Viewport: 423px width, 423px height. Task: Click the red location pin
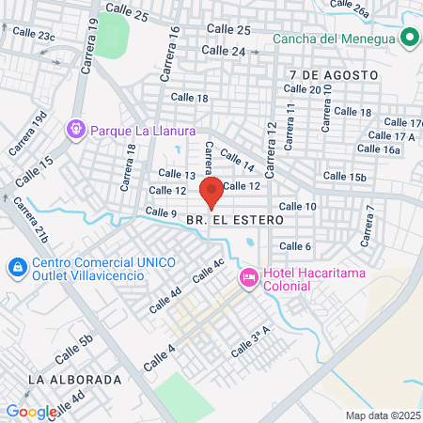coord(211,190)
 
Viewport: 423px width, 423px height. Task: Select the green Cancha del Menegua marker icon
coord(409,39)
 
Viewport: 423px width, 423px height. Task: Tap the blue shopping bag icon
coord(17,268)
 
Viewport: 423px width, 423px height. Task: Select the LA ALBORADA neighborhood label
coord(75,380)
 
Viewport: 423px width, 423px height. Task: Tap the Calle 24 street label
coord(224,51)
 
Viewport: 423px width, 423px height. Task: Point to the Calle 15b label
coord(344,177)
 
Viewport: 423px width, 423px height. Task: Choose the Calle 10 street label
coord(297,206)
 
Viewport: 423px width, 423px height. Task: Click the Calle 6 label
coord(295,246)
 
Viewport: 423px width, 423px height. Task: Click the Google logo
coord(31,411)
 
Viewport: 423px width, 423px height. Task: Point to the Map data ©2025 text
coord(382,415)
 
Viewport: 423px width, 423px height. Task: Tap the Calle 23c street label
coord(34,35)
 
